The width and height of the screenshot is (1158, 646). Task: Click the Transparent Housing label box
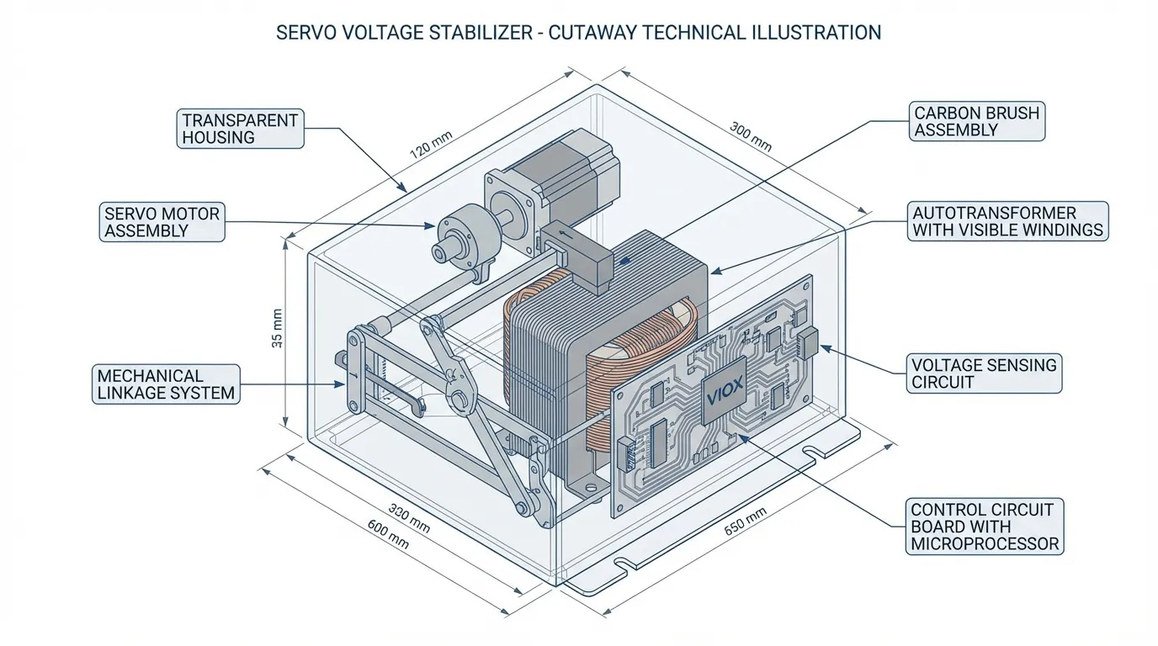240,129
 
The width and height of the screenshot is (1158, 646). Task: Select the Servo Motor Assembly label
161,222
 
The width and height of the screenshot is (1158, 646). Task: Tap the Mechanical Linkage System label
166,384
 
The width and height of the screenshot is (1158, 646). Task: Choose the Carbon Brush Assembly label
976,121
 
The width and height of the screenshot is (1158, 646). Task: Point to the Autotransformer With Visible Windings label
1007,221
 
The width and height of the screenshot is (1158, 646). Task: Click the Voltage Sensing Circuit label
984,373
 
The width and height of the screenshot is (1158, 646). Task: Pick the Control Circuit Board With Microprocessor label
985,527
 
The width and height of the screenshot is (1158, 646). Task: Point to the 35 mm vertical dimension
279,330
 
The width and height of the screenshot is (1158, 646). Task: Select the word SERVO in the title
305,33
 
